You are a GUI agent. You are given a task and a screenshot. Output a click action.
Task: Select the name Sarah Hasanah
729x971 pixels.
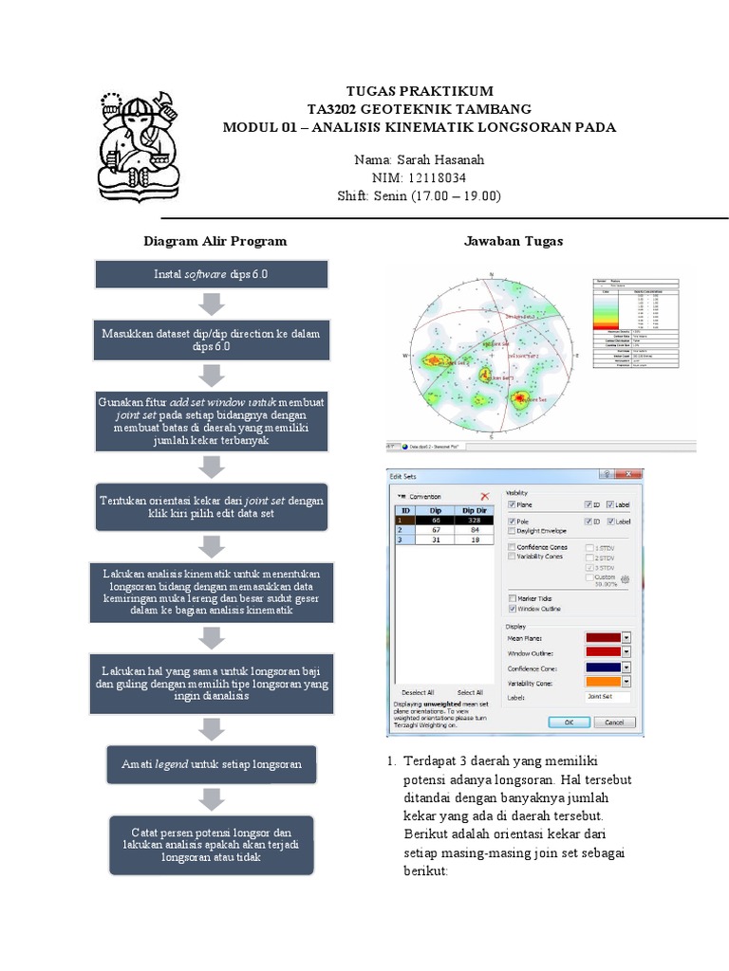(419, 159)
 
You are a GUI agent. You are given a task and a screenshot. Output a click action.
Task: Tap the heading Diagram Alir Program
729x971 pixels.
(215, 241)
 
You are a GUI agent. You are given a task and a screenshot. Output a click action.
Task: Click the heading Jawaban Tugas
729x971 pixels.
(514, 241)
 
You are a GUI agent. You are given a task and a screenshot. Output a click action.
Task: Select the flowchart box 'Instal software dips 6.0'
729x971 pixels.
(212, 274)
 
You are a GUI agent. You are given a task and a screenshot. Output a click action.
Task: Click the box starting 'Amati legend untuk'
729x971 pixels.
(212, 763)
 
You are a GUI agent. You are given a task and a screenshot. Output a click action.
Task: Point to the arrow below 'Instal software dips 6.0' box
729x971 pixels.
(212, 305)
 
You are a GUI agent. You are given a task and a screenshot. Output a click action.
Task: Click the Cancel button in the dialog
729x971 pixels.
(614, 722)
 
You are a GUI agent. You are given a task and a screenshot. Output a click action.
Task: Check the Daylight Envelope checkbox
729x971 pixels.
(512, 531)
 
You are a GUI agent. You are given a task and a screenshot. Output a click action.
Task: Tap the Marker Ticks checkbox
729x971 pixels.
(512, 598)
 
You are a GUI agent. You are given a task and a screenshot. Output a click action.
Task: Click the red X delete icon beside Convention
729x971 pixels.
(484, 496)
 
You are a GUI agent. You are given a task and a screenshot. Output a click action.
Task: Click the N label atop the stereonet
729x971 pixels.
(491, 276)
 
